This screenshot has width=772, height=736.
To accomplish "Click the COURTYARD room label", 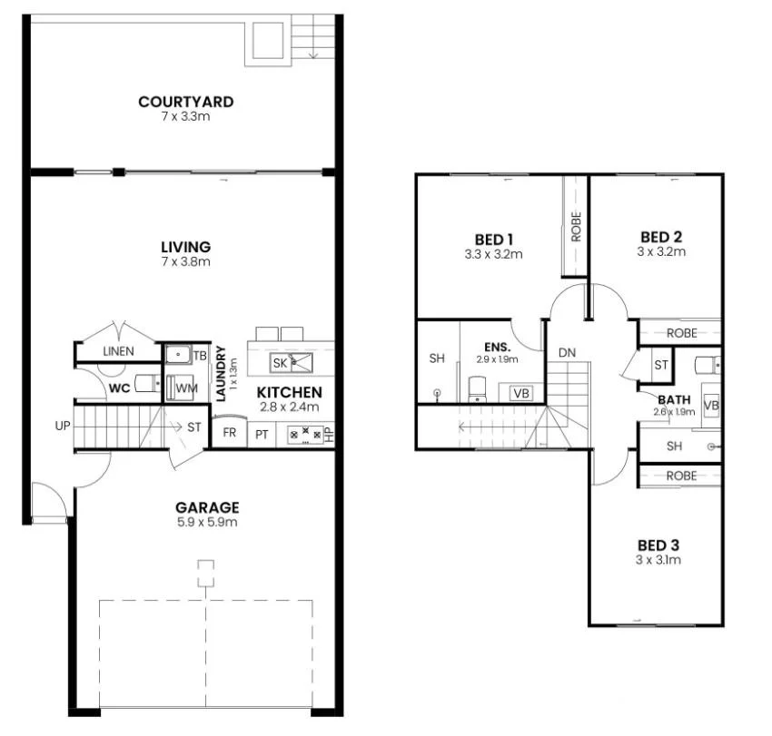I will (x=185, y=102).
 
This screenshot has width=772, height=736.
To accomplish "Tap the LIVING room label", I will (x=185, y=247).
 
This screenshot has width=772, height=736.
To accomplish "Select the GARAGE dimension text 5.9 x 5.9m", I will (x=207, y=523).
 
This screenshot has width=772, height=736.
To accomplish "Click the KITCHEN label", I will (x=289, y=392).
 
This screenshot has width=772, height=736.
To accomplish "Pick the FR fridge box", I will (x=230, y=433).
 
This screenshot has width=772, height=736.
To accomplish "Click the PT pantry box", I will (x=262, y=435).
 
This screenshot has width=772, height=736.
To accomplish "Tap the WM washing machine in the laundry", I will (x=186, y=388).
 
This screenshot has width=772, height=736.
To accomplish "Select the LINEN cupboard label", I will (x=118, y=351).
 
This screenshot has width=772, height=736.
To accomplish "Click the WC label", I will (x=119, y=388).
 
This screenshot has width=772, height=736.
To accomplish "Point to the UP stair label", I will (x=63, y=425).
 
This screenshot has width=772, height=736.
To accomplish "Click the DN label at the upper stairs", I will (x=567, y=352).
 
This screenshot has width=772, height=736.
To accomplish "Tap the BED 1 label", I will (x=493, y=240).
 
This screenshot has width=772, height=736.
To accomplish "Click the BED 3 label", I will (x=658, y=545).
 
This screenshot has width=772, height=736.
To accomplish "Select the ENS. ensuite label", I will (x=497, y=347).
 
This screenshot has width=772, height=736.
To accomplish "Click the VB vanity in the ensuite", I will (x=520, y=393).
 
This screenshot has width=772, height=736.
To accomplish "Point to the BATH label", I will (x=674, y=399).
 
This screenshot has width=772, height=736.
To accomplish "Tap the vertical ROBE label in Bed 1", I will (x=576, y=225).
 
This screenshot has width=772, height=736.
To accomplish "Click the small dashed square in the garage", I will (x=206, y=574).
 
